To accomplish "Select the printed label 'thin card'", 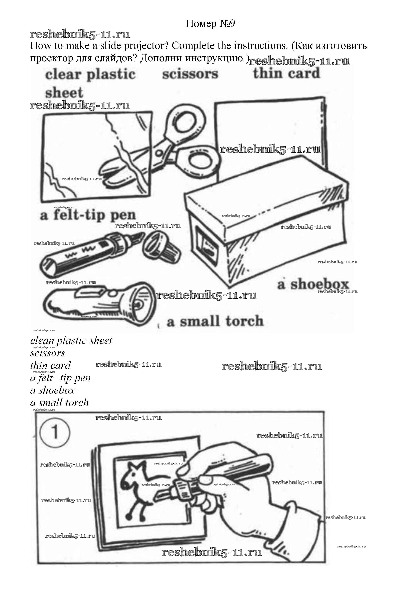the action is click(x=286, y=73).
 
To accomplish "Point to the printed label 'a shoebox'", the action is click(x=313, y=284).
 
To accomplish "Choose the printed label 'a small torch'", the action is click(x=215, y=321).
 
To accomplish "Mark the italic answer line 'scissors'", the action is click(x=48, y=353).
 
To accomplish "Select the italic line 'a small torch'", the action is click(x=59, y=402).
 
